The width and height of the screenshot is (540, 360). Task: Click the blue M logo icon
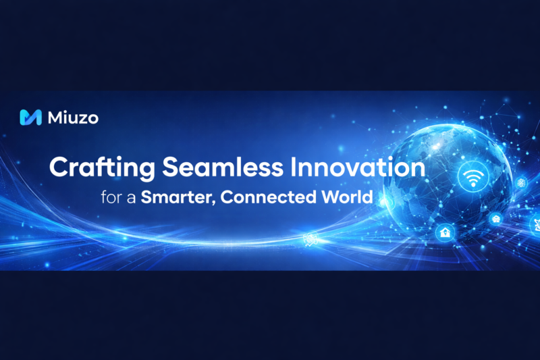[x=32, y=118]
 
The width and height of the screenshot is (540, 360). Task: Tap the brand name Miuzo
[x=73, y=118]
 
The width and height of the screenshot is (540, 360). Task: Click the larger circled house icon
[x=445, y=232]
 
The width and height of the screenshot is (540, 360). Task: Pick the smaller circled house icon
[x=495, y=219]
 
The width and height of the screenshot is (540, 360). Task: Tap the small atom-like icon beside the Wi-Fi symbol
[x=520, y=183]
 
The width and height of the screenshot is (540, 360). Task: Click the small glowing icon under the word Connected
[x=310, y=238]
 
